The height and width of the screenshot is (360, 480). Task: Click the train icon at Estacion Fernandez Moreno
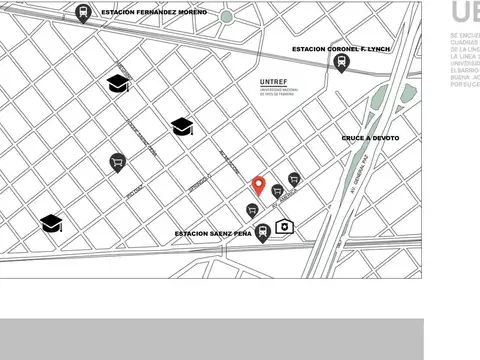click(81, 13)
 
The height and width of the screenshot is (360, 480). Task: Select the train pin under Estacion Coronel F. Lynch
click(342, 62)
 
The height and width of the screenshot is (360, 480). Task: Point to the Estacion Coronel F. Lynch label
click(340, 48)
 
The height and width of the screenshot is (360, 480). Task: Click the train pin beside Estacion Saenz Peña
click(263, 234)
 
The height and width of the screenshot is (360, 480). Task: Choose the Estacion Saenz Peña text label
click(213, 233)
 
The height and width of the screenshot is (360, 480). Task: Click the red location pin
click(258, 184)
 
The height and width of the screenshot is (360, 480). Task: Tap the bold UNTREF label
click(274, 79)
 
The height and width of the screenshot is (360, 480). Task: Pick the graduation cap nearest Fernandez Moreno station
click(118, 84)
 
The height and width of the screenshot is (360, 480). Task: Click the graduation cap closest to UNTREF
click(182, 126)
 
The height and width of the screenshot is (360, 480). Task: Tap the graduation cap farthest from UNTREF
click(52, 223)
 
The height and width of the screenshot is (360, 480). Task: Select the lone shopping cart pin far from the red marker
click(117, 161)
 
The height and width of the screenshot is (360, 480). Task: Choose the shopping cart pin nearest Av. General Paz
click(293, 179)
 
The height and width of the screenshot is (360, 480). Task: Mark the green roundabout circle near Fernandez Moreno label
click(227, 17)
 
